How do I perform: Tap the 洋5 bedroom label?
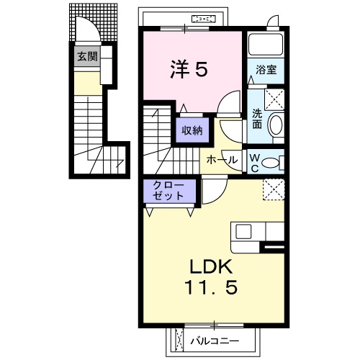click(189, 69)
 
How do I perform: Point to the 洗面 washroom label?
click(257, 118)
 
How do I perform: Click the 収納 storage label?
click(191, 130)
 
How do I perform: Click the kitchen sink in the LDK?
click(243, 232)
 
